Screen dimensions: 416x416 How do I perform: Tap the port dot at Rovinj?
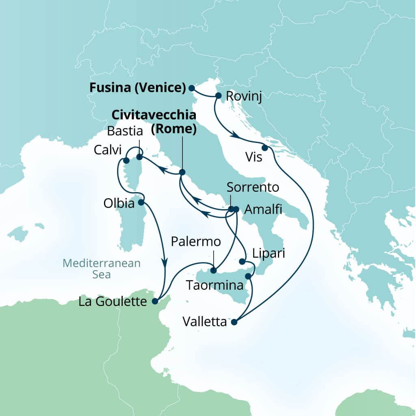point(218,96)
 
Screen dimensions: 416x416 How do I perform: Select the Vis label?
point(253,157)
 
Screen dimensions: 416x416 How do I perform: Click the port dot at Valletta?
point(234,323)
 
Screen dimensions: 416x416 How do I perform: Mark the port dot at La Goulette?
point(154,301)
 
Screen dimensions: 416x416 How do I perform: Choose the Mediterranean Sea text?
point(102,269)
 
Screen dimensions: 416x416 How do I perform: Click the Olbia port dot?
point(141,202)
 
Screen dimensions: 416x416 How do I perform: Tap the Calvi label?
point(107,150)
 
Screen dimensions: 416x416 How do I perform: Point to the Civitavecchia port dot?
point(182,172)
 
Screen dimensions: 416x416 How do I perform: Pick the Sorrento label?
point(253,187)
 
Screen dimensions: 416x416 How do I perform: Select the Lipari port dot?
point(243,261)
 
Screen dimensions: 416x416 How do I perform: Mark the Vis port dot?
point(264,148)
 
